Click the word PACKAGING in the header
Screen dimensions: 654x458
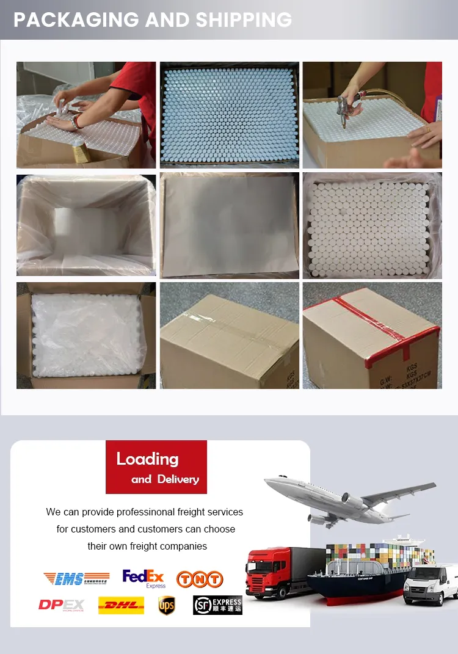tap(77, 20)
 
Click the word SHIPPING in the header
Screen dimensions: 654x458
tap(244, 20)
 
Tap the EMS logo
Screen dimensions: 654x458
tap(76, 578)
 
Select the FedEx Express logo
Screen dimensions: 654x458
tap(144, 578)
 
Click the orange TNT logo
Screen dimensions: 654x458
tap(200, 579)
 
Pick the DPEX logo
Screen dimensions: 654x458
tap(61, 605)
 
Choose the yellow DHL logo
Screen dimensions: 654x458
tap(121, 605)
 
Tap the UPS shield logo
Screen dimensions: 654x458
tap(167, 605)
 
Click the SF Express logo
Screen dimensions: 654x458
tap(217, 605)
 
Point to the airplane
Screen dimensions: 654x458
tap(348, 498)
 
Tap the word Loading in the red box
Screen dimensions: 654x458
tap(148, 459)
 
